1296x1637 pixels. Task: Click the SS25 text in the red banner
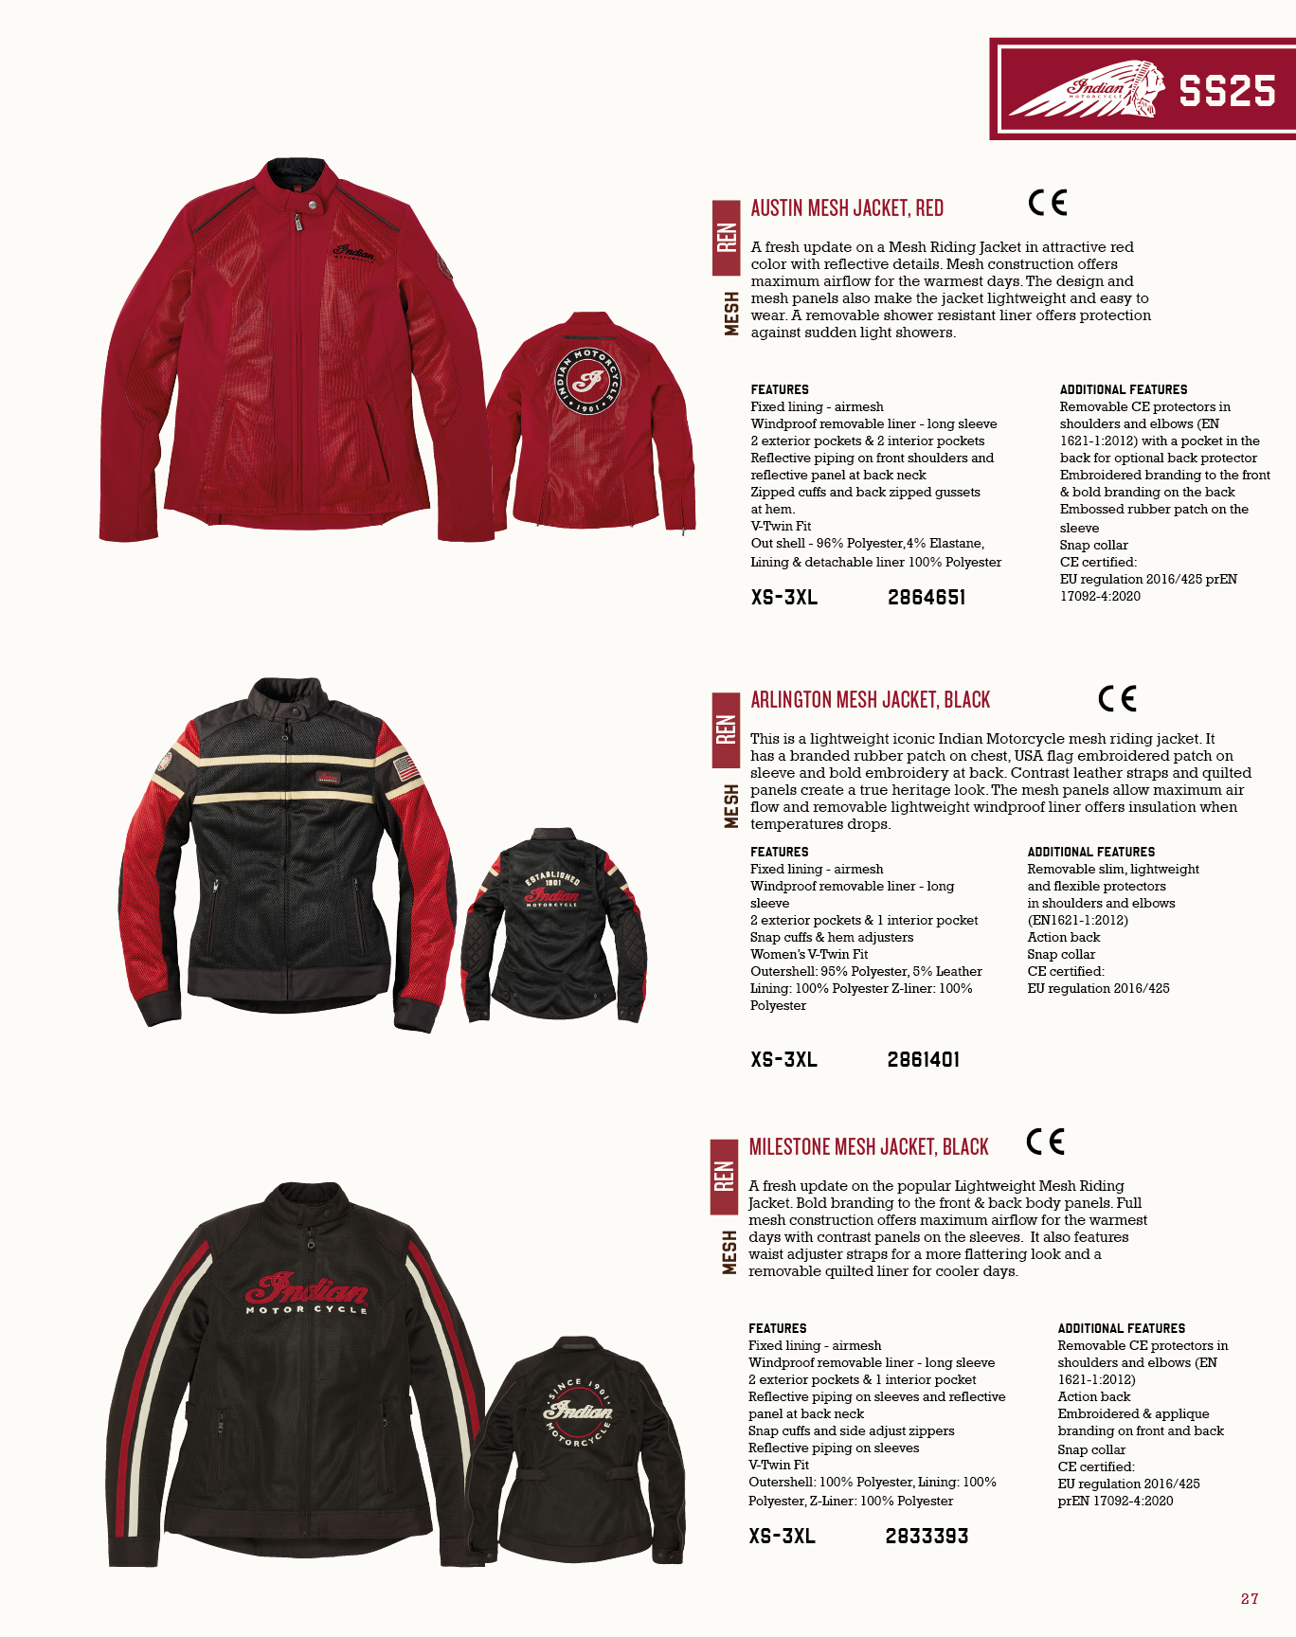tap(1227, 91)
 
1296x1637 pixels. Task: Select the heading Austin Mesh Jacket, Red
tap(847, 208)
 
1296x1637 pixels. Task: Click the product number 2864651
tap(927, 597)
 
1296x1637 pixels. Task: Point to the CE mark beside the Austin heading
tap(1047, 203)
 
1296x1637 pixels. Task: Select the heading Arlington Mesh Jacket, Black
tap(870, 700)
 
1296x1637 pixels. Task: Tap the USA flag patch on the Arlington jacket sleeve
tap(406, 767)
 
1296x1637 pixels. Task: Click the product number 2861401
tap(924, 1059)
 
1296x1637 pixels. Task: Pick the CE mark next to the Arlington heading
tap(1117, 699)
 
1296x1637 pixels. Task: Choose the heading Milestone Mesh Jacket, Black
tap(869, 1147)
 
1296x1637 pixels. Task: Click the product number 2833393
tap(927, 1536)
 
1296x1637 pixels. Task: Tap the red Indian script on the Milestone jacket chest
tap(307, 1289)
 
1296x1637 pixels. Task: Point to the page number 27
tap(1250, 1599)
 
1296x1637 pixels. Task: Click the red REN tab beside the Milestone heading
tap(724, 1176)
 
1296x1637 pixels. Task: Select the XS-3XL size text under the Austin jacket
tap(783, 597)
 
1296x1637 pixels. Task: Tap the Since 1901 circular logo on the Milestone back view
tap(578, 1412)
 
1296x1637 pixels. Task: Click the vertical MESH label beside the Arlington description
tap(730, 805)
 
